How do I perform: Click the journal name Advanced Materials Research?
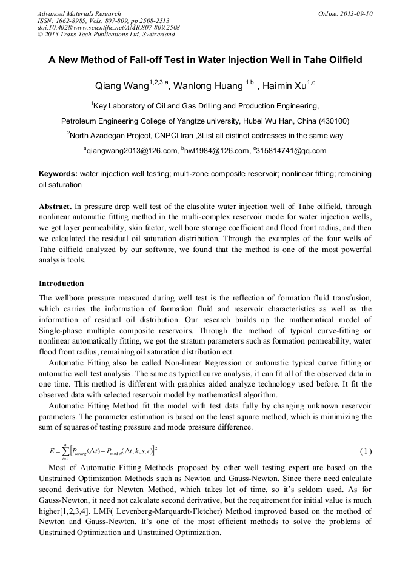(79, 13)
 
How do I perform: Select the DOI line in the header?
(109, 28)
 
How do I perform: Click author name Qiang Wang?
(121, 85)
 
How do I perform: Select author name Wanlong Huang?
(207, 85)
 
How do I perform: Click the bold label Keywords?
(58, 174)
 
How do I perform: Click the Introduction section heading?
(61, 283)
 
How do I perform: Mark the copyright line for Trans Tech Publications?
(106, 35)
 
